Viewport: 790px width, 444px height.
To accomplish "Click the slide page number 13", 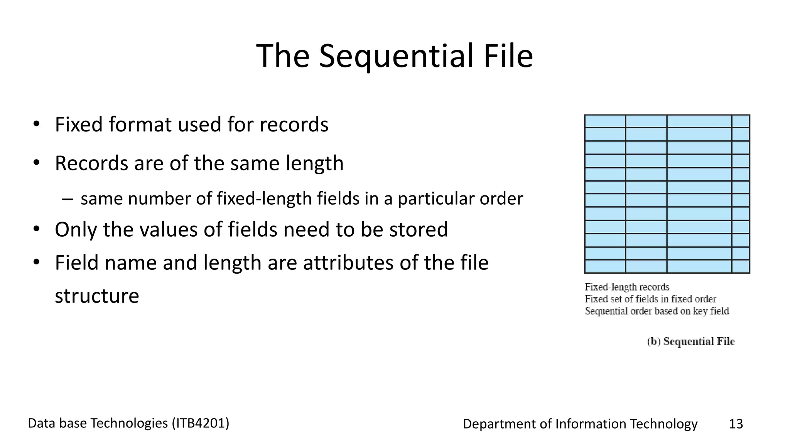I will (736, 424).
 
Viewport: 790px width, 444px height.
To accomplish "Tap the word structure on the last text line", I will (97, 296).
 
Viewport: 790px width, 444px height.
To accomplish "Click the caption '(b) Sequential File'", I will (691, 341).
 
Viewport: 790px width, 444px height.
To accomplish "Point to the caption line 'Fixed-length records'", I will (627, 287).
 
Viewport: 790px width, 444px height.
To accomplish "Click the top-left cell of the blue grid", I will (605, 121).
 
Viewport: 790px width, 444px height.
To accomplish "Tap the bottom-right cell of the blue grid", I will (741, 266).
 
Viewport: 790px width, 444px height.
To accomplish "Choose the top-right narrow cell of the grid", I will (741, 121).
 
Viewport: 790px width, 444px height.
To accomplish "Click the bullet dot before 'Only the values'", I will (37, 229).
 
